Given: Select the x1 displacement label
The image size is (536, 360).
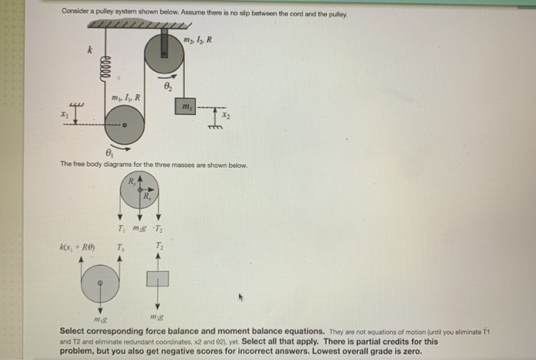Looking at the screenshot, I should point(64,115).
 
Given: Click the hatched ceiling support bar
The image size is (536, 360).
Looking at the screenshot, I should point(138,25).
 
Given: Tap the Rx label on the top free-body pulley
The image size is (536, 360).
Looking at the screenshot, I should point(146,196).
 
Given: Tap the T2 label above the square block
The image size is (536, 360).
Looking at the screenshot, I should point(159,246).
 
